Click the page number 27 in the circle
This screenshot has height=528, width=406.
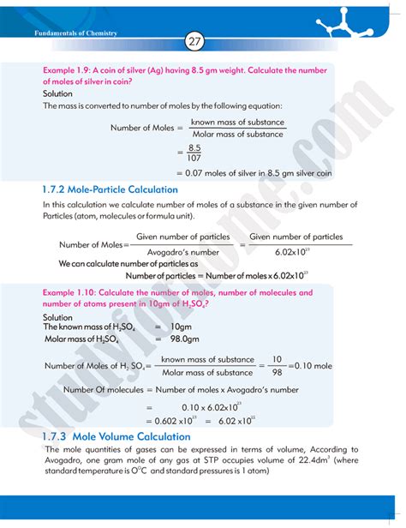[194, 41]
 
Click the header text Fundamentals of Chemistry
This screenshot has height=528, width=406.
[75, 33]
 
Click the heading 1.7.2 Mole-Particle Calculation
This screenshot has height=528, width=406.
[110, 189]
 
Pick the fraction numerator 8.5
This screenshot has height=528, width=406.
[194, 147]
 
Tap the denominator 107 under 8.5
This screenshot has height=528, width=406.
[194, 159]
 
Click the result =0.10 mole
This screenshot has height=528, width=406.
[310, 365]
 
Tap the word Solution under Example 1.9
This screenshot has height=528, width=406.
[57, 93]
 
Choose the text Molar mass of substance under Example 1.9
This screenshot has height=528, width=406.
[237, 134]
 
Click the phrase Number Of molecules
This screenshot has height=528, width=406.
[105, 389]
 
